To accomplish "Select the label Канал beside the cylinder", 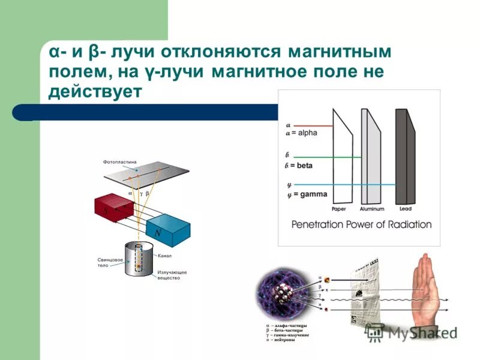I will pyautogui.click(x=166, y=256).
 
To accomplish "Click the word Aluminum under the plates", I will pyautogui.click(x=371, y=209).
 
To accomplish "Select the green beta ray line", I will pyautogui.click(x=324, y=158).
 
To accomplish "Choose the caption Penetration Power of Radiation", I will pyautogui.click(x=361, y=224).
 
